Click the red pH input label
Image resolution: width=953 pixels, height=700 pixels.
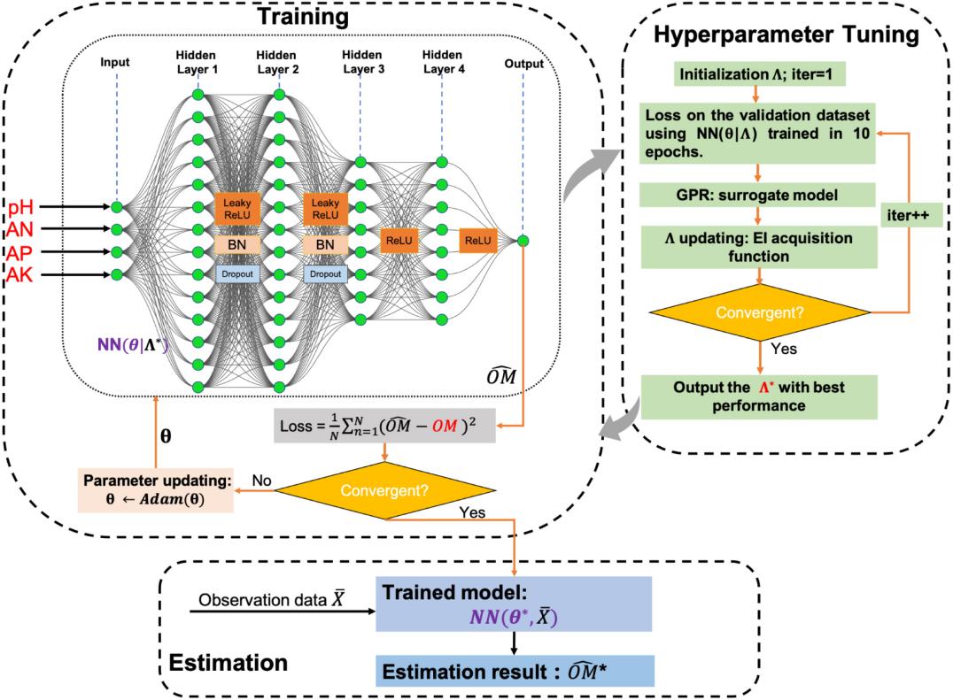coord(22,208)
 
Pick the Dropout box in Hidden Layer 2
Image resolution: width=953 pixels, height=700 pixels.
coord(324,274)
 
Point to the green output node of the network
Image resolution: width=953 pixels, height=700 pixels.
coord(523,241)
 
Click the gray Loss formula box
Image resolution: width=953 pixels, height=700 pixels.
coord(385,427)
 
